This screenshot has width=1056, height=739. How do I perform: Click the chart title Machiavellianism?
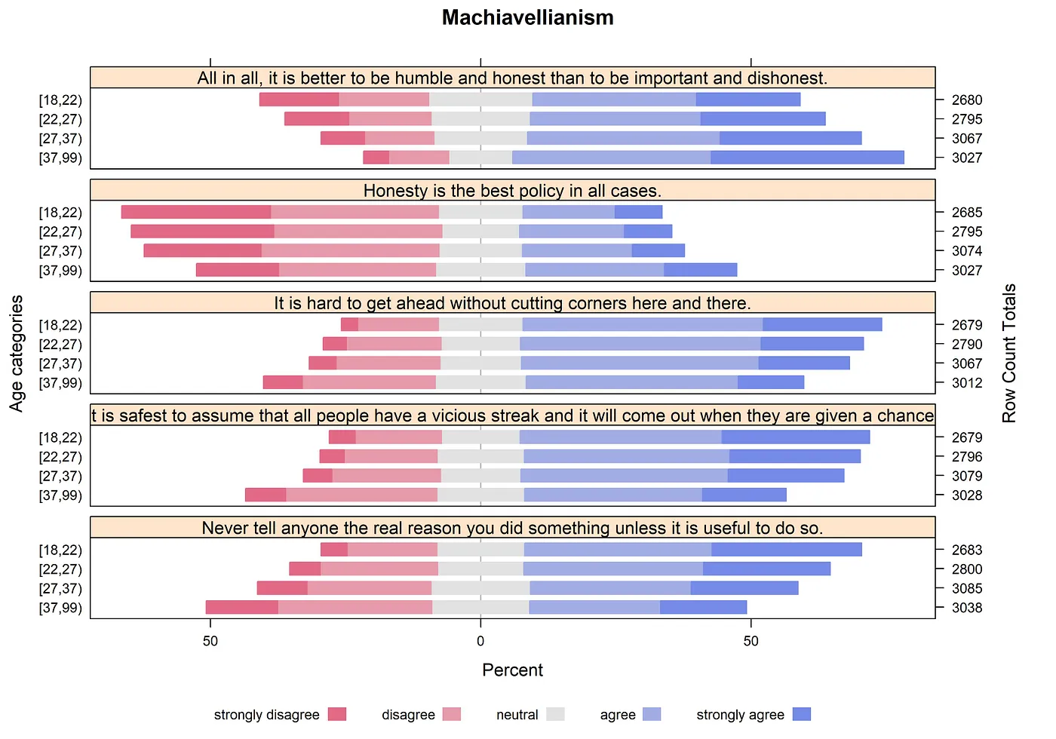[527, 17]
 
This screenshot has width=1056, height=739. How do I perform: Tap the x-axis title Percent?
[512, 670]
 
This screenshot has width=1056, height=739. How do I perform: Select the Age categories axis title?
[17, 353]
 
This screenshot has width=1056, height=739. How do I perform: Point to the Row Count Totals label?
[1009, 353]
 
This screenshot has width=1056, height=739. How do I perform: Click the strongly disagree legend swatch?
[337, 714]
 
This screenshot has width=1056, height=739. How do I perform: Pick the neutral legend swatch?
[555, 714]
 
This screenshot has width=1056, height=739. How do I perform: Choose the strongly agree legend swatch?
[802, 714]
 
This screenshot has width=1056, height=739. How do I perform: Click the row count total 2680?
[966, 100]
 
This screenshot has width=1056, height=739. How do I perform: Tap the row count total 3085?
[966, 588]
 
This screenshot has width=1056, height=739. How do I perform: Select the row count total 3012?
[966, 382]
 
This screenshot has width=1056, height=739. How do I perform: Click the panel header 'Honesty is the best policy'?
[512, 190]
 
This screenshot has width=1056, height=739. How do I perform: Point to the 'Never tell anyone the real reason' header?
[512, 528]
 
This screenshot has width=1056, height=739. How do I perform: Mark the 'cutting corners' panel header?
[512, 303]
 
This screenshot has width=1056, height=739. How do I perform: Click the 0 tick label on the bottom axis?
[480, 641]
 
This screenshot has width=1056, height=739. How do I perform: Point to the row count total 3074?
[966, 251]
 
